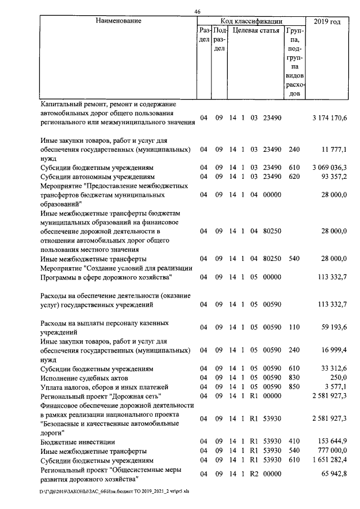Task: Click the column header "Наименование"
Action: point(118,21)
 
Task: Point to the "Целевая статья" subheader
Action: point(256,30)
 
